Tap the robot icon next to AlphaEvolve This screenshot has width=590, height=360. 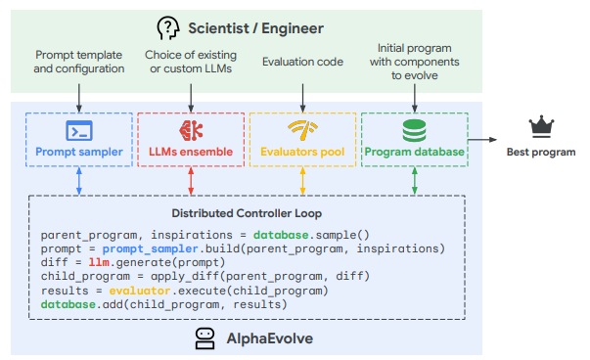coord(204,338)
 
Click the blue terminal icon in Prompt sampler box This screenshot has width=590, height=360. coord(78,130)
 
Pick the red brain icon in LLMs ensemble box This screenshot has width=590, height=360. coord(190,129)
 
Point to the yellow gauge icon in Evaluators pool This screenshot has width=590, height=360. coord(302,129)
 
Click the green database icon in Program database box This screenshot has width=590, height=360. coord(415,129)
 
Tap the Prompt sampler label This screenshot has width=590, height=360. coord(78,152)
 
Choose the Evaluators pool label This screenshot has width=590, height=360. coord(302,152)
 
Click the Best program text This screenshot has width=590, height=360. coord(540,152)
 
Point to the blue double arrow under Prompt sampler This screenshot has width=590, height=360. coord(78,180)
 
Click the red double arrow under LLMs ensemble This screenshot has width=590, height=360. coord(191,180)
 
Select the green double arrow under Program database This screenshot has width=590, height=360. coord(415,180)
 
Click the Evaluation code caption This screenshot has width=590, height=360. coord(302,63)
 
